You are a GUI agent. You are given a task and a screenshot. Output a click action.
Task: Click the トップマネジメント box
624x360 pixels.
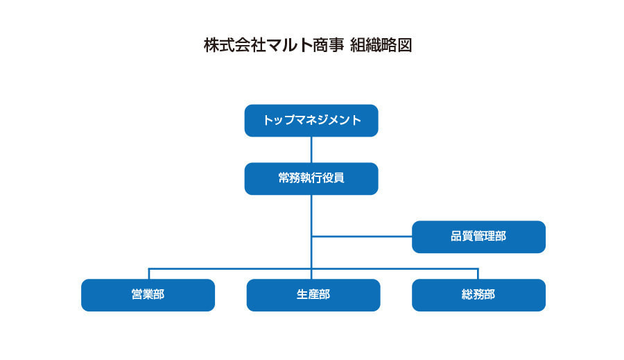[x=311, y=121]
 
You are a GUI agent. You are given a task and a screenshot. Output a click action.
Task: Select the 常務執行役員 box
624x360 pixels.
[x=311, y=179]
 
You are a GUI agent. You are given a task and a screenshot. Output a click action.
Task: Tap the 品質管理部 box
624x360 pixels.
[x=478, y=237]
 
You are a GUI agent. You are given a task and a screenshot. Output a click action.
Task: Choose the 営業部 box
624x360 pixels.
[x=148, y=295]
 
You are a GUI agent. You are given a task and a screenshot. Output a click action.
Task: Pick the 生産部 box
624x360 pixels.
[x=313, y=295]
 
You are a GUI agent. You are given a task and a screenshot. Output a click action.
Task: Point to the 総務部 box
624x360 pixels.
[x=478, y=295]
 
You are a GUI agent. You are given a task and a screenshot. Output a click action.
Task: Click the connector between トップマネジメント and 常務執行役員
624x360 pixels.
[x=311, y=150]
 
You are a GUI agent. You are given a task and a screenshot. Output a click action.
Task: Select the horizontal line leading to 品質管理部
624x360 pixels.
[x=362, y=237]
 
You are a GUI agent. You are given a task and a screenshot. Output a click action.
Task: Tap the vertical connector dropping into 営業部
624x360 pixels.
[x=148, y=273]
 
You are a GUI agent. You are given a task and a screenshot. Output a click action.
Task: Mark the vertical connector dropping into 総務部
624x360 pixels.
[x=478, y=273]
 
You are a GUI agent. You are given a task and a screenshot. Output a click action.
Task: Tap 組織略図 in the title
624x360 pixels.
[x=381, y=45]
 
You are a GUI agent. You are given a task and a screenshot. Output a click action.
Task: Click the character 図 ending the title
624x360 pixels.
[x=404, y=45]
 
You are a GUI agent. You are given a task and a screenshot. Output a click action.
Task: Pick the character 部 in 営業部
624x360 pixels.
[x=159, y=294]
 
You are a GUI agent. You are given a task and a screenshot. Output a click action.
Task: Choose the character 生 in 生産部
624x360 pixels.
[x=302, y=294]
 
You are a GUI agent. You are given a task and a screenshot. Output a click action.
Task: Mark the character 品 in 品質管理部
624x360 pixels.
[x=456, y=236]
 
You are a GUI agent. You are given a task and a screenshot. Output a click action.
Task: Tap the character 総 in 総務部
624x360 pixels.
[x=467, y=294]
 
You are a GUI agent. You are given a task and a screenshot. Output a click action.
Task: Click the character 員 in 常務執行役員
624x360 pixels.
[x=338, y=178]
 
